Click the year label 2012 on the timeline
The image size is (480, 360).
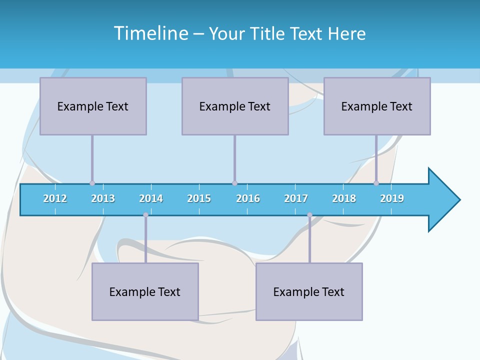coord(55,198)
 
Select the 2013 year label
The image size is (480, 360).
coord(103,198)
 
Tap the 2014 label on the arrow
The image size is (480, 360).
coord(151,198)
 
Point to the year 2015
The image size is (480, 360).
coord(199,198)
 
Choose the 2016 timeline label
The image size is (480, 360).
coord(248,198)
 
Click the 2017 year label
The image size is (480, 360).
coord(296,198)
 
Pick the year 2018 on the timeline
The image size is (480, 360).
coord(344,198)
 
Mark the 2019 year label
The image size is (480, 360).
coord(392,198)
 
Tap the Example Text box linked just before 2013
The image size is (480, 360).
coord(93,106)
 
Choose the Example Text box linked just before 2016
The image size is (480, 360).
coord(235,106)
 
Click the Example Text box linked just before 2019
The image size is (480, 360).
coord(377,106)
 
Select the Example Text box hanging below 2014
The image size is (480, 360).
coord(145,291)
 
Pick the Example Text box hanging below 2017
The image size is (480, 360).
coord(309,291)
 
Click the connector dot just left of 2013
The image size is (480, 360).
coord(92,183)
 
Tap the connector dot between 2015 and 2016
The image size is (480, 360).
coord(234,183)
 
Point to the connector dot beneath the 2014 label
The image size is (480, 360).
coord(145,215)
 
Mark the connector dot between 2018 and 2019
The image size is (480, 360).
coord(376,183)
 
